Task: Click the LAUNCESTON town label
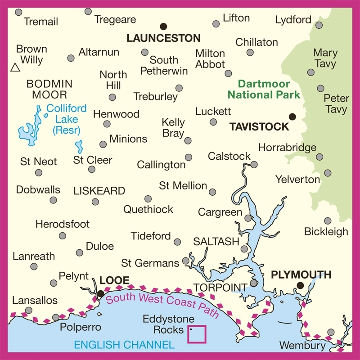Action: [163, 38]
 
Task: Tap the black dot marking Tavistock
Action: [292, 117]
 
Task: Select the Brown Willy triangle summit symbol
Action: [15, 68]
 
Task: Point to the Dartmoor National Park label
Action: [264, 89]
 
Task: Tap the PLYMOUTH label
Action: [301, 275]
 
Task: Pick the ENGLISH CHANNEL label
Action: [124, 345]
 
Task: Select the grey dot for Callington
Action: [189, 157]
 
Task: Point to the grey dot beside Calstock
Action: [254, 165]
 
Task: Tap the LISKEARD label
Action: [99, 191]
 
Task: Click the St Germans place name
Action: [150, 262]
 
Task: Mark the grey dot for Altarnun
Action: [71, 58]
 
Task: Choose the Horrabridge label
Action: [288, 148]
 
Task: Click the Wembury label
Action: [302, 346]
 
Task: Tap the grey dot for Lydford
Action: [319, 25]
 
